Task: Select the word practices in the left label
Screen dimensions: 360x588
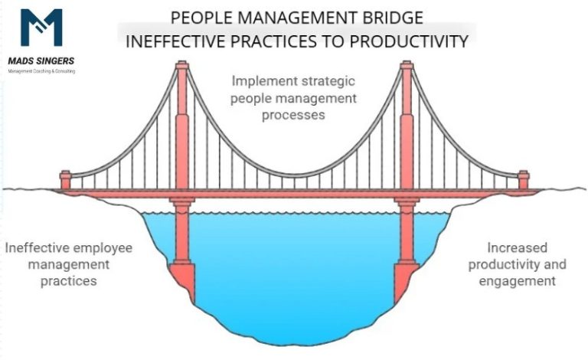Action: (x=70, y=281)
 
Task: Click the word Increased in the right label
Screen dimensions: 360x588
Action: (x=517, y=248)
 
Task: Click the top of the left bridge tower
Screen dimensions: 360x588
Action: (x=181, y=66)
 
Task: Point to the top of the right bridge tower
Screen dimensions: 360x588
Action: (x=406, y=66)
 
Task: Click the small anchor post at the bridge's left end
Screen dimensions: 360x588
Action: (x=65, y=181)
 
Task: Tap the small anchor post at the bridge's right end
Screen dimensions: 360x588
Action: (x=523, y=181)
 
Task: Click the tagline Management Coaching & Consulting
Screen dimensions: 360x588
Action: (x=41, y=70)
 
